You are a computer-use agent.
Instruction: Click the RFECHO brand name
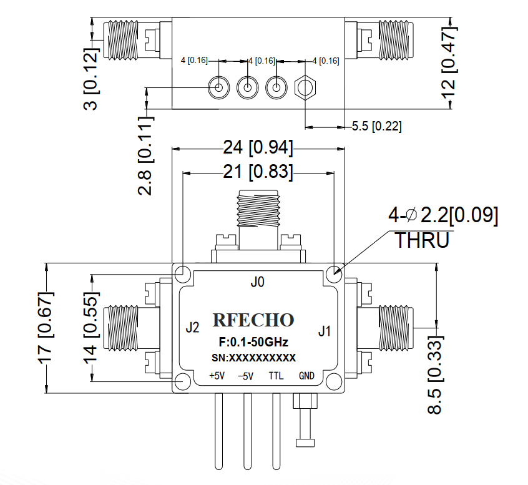[253, 320]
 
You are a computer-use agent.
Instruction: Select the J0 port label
[258, 282]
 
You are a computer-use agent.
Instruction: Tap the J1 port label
[325, 331]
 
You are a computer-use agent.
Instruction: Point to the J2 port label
[193, 327]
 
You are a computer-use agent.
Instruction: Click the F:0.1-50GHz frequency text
[253, 342]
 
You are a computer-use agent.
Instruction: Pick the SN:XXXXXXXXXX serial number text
[253, 358]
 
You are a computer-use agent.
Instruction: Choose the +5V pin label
[217, 376]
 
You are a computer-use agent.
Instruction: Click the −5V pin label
[246, 376]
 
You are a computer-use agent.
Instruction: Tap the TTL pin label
[276, 376]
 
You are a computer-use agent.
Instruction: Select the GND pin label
[306, 376]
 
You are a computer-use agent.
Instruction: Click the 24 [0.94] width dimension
[258, 147]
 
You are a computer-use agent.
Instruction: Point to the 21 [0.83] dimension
[258, 172]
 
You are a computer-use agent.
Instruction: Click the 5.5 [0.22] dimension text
[377, 126]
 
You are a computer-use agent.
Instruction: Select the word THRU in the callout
[423, 240]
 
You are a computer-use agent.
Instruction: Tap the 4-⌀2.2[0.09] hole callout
[443, 215]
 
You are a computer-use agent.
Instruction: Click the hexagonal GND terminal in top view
[305, 88]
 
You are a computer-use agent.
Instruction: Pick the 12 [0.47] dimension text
[449, 62]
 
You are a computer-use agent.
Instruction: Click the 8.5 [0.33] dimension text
[436, 375]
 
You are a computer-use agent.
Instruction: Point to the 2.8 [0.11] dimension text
[146, 156]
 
